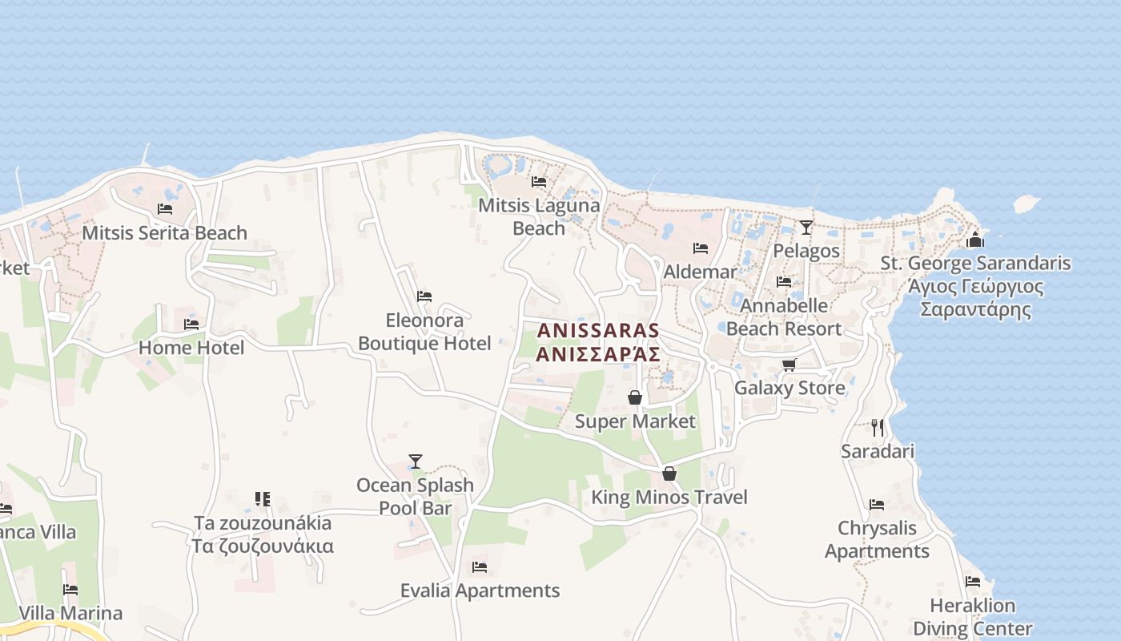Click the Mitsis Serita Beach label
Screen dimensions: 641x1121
click(x=164, y=233)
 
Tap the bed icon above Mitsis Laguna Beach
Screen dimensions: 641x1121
click(x=539, y=182)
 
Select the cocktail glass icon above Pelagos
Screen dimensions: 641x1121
click(x=806, y=227)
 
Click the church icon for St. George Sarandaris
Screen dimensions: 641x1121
click(x=974, y=240)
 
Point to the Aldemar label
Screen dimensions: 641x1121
click(x=700, y=272)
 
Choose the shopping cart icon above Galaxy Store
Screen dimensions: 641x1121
click(x=789, y=365)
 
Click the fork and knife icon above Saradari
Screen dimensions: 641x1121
click(x=878, y=427)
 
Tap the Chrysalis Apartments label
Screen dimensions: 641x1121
click(x=877, y=539)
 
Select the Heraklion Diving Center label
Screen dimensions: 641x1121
click(x=972, y=617)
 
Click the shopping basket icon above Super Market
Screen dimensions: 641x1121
click(x=635, y=397)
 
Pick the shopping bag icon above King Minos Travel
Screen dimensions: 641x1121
click(x=669, y=474)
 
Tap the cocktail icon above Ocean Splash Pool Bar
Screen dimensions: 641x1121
click(x=415, y=462)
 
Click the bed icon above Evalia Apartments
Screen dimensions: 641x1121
click(x=480, y=567)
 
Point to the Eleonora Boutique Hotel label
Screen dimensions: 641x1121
click(x=424, y=332)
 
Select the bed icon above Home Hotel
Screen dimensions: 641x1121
click(x=191, y=325)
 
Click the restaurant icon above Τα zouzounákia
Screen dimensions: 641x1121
click(x=263, y=499)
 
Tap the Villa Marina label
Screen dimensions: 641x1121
click(x=70, y=613)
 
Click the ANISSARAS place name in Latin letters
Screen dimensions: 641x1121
click(x=598, y=330)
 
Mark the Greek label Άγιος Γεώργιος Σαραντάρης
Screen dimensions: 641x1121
click(x=975, y=298)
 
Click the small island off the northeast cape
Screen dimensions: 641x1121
click(x=1026, y=204)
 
